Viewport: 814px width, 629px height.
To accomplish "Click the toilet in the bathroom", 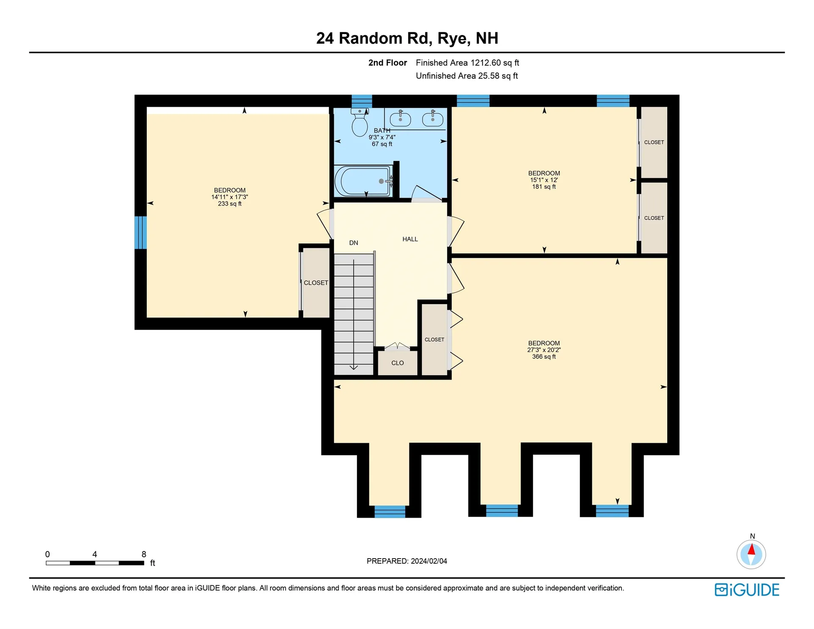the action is (x=360, y=122).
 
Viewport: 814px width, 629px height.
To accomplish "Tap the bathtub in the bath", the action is (x=364, y=181).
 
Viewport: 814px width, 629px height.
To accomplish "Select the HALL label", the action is (x=410, y=239).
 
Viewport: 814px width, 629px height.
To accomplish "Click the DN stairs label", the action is (x=354, y=243).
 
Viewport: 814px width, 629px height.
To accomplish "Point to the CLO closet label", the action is (x=397, y=363).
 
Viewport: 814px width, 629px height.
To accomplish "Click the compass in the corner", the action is (x=751, y=554).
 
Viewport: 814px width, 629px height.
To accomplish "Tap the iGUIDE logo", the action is (x=747, y=590).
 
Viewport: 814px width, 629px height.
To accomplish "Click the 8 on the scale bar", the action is (x=144, y=554).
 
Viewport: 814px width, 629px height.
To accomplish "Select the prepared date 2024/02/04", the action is (x=429, y=561).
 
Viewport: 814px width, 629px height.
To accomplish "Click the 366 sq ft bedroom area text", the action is (x=544, y=357).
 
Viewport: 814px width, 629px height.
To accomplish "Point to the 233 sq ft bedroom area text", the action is (x=230, y=204).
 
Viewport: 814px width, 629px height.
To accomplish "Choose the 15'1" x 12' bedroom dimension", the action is (x=544, y=180).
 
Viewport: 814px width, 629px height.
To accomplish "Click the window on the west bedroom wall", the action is (x=141, y=232).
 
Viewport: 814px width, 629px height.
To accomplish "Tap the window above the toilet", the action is (x=362, y=101).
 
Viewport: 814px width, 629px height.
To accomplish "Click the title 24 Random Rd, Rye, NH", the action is (x=407, y=38).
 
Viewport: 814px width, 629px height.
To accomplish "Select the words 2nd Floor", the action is (x=387, y=63).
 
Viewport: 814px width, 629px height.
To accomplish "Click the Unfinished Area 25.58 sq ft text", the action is (x=467, y=76).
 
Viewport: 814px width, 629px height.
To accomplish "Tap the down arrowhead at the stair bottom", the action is (x=354, y=367).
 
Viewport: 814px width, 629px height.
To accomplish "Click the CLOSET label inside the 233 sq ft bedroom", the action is (x=316, y=283).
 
